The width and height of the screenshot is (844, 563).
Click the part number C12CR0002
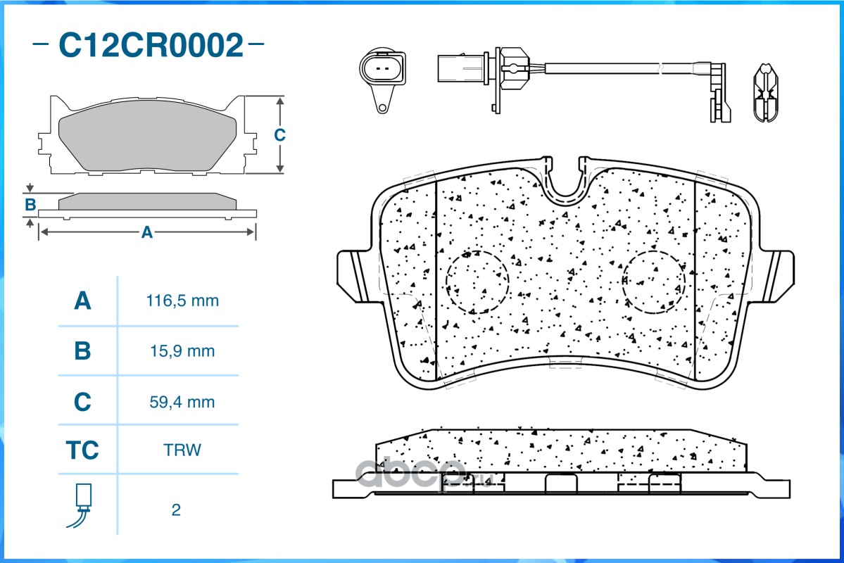pyautogui.click(x=150, y=46)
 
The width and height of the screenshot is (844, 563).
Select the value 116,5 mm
pyautogui.click(x=182, y=301)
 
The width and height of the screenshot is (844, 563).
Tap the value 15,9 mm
pyautogui.click(x=182, y=350)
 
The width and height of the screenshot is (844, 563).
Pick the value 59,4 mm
pyautogui.click(x=182, y=403)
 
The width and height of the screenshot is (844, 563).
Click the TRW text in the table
pyautogui.click(x=182, y=450)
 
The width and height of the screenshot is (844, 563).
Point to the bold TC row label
pyautogui.click(x=82, y=450)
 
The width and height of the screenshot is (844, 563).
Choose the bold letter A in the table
pyautogui.click(x=82, y=301)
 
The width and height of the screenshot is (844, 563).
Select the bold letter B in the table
pyautogui.click(x=82, y=350)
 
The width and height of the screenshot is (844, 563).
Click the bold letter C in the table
pyautogui.click(x=82, y=403)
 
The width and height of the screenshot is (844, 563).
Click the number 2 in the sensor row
pyautogui.click(x=176, y=510)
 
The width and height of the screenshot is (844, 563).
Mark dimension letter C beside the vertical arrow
pyautogui.click(x=279, y=134)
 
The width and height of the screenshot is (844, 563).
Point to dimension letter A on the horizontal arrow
pyautogui.click(x=146, y=232)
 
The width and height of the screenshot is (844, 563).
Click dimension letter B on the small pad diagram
pyautogui.click(x=30, y=205)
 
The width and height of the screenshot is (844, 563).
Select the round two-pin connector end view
pyautogui.click(x=382, y=73)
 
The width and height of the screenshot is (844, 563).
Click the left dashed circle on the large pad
pyautogui.click(x=477, y=281)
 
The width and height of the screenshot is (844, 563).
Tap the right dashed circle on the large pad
pyautogui.click(x=654, y=281)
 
